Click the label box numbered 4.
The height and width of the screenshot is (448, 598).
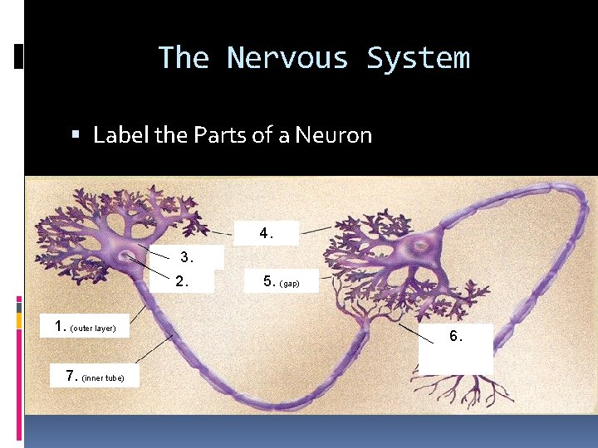pos(266,234)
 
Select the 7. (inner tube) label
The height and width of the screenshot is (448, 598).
pos(95,377)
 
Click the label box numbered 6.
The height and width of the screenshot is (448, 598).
pos(456,348)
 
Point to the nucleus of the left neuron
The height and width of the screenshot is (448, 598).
pos(128,255)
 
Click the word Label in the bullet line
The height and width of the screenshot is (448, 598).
pos(121,134)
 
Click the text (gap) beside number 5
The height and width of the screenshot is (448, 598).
pos(290,284)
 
